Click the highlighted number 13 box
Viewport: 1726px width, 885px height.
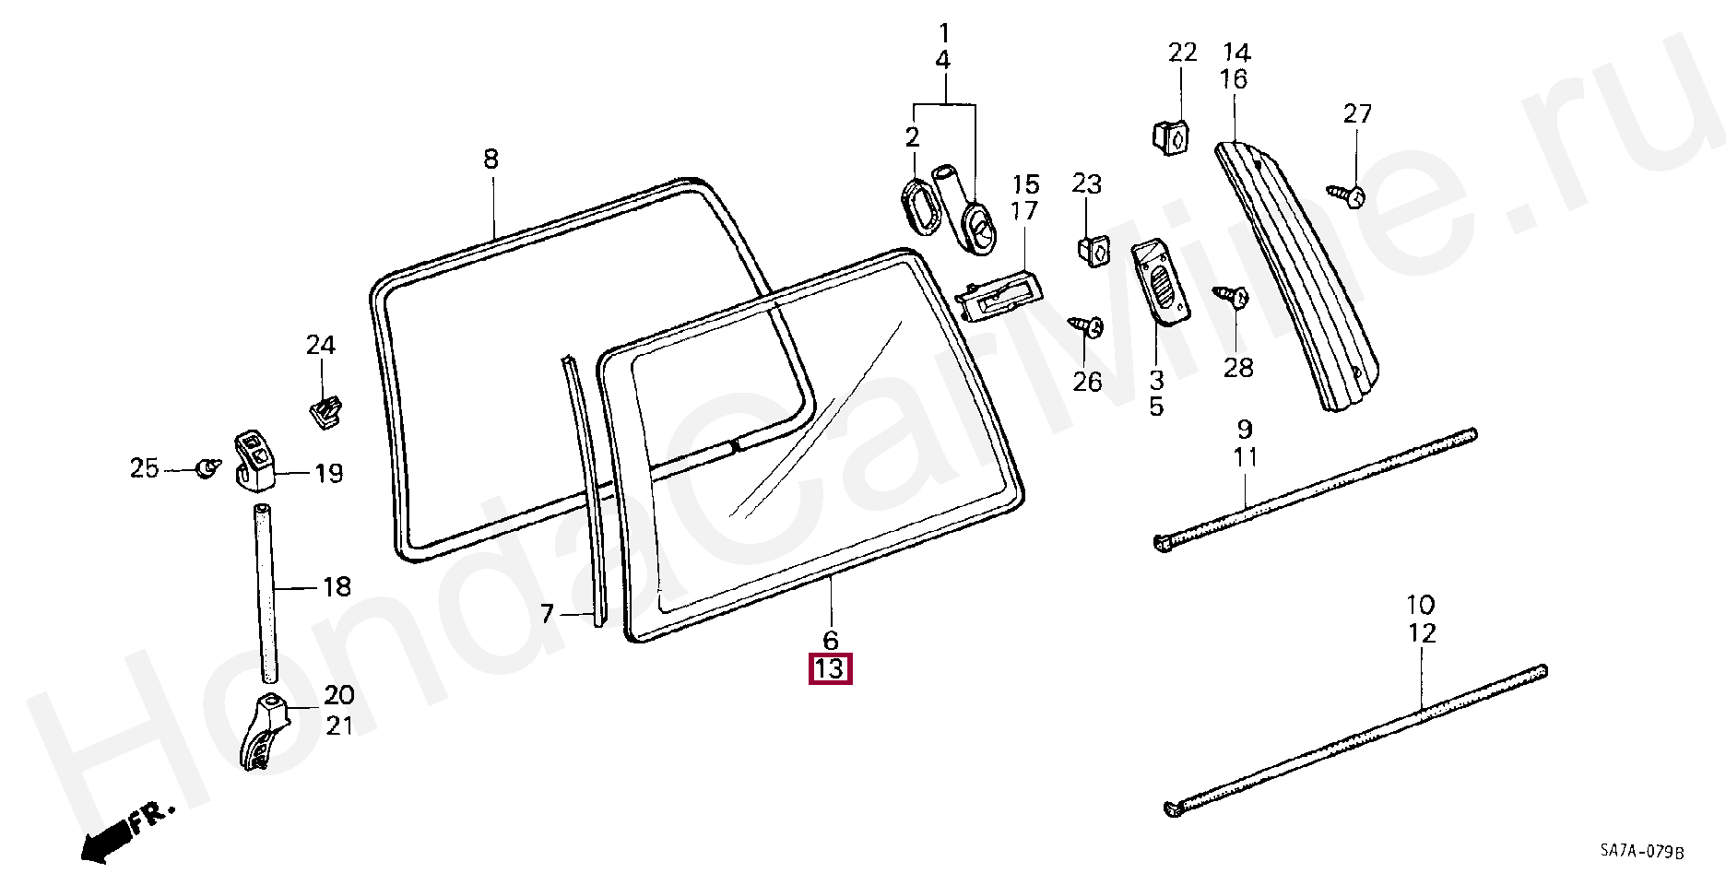point(830,668)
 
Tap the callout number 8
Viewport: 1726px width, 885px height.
point(491,159)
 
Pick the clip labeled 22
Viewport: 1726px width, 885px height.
point(1170,136)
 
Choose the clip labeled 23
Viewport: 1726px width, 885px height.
point(1093,250)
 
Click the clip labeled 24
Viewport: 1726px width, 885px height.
point(324,412)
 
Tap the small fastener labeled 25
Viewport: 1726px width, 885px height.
point(208,468)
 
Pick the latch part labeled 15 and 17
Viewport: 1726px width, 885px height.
point(999,296)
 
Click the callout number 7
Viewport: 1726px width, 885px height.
point(547,613)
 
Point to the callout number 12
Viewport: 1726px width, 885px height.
point(1422,633)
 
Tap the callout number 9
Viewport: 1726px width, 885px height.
point(1245,429)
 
